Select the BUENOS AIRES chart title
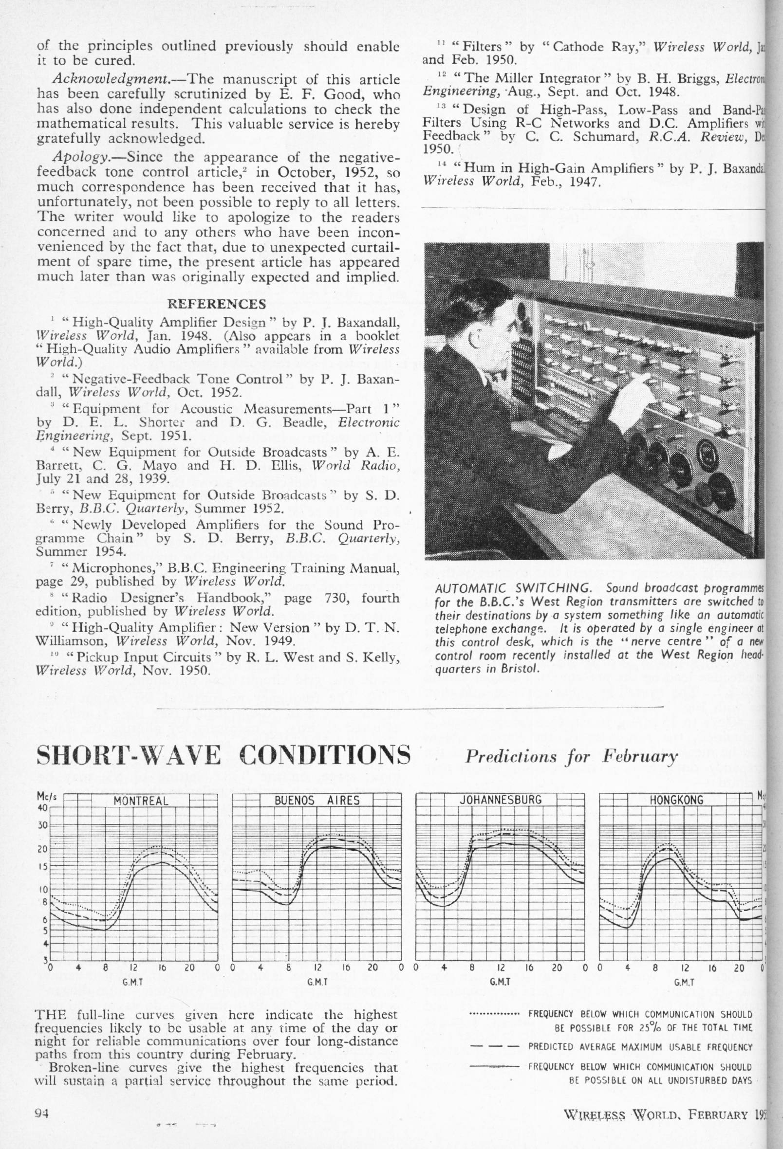pos(317,801)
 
